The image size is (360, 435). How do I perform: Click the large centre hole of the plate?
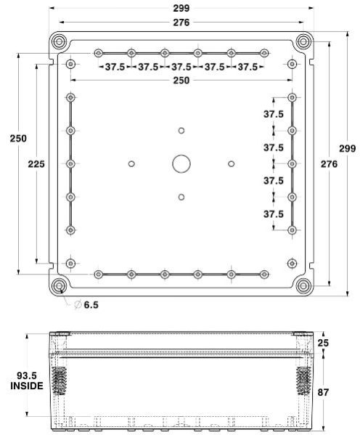(181, 163)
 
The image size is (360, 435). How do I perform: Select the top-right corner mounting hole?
(303, 40)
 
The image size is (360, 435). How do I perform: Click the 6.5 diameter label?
(91, 305)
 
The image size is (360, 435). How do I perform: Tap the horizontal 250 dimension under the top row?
(181, 81)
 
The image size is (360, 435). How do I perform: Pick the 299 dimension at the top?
(181, 8)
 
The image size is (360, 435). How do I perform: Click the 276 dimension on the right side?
(329, 164)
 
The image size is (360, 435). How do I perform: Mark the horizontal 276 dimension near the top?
(181, 23)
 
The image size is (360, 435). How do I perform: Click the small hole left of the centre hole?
(131, 163)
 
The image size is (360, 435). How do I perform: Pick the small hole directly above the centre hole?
(181, 130)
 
